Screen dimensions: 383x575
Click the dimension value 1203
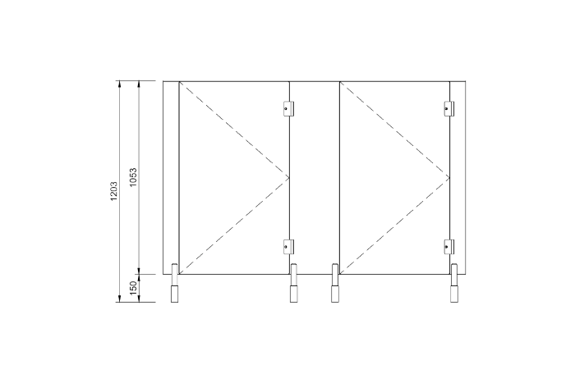tap(115, 190)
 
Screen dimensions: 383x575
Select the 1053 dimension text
tap(133, 178)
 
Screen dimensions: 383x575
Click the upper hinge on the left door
tap(288, 107)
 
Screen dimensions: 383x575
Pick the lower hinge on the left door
tap(288, 245)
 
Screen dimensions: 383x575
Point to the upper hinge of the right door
tap(449, 107)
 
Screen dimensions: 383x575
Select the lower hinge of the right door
tap(449, 245)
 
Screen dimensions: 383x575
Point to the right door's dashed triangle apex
tap(450, 177)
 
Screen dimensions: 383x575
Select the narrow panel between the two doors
tap(315, 177)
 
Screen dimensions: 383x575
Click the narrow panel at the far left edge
tap(171, 177)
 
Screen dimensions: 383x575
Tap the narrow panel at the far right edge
tap(459, 177)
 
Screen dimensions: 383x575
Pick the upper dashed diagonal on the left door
tap(234, 129)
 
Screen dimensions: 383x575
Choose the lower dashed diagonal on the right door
tap(394, 226)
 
